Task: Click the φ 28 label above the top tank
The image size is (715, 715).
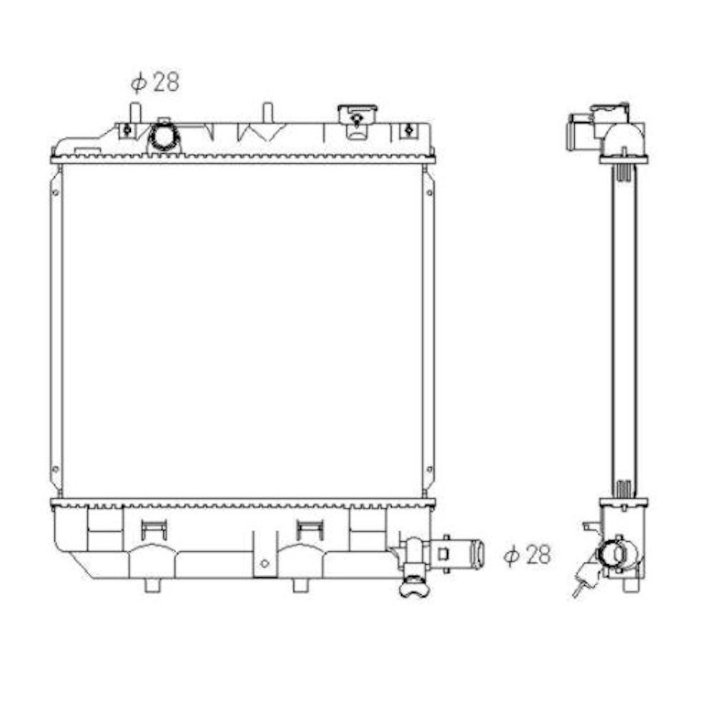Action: (155, 82)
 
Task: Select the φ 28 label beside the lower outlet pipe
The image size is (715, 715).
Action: (528, 555)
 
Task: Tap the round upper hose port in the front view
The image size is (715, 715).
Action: (164, 136)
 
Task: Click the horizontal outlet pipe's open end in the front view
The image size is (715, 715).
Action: (478, 554)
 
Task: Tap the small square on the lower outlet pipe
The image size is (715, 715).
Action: (444, 553)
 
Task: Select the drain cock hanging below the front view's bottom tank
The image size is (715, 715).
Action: (414, 585)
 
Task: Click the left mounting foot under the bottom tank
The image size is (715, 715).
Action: (153, 586)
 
